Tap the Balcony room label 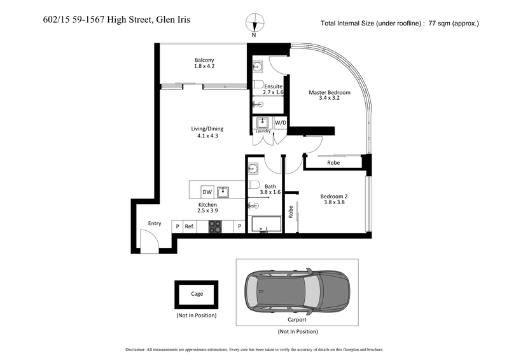[204, 61]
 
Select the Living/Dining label [207, 128]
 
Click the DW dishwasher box [207, 191]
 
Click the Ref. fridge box [189, 226]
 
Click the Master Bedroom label [329, 92]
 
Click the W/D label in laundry [281, 122]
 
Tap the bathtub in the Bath [266, 225]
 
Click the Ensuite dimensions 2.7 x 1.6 [274, 92]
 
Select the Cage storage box [197, 294]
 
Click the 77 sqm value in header [443, 24]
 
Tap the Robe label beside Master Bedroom [333, 163]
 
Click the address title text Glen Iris [172, 20]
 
